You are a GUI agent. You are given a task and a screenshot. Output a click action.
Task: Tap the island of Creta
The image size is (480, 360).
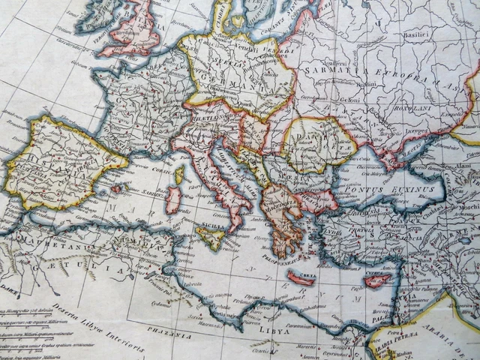[x=301, y=278]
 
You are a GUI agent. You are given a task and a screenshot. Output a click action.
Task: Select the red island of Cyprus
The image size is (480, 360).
[x=377, y=281]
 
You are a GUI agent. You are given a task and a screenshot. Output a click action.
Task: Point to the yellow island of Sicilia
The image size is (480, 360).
[x=211, y=238]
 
